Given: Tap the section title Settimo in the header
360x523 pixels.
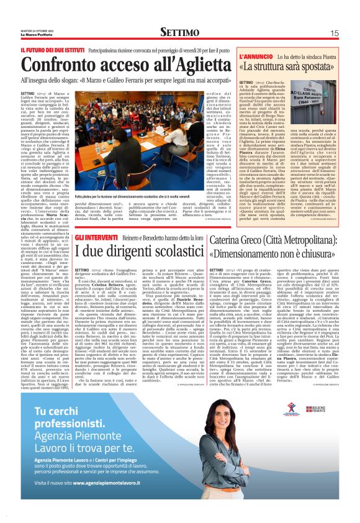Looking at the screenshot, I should tap(180, 32).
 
